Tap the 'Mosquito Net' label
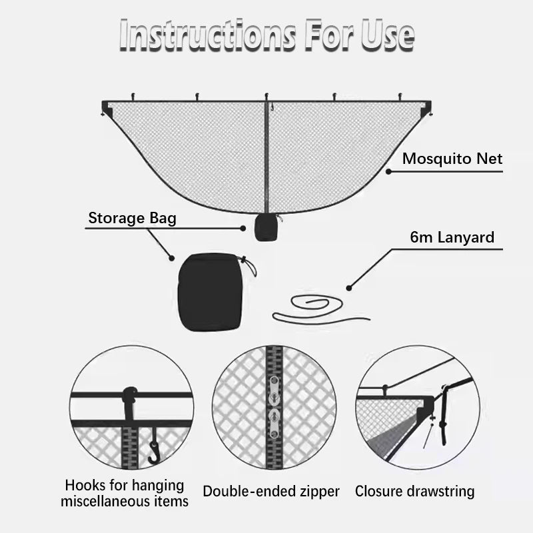(452, 159)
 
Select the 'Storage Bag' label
(133, 218)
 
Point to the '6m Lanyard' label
(452, 238)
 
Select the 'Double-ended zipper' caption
(271, 492)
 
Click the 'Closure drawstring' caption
(414, 492)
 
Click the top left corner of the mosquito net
(107, 105)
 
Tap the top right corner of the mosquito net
(426, 105)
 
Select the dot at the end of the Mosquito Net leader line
(388, 171)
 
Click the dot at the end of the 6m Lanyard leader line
(348, 288)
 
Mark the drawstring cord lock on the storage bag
(247, 266)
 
